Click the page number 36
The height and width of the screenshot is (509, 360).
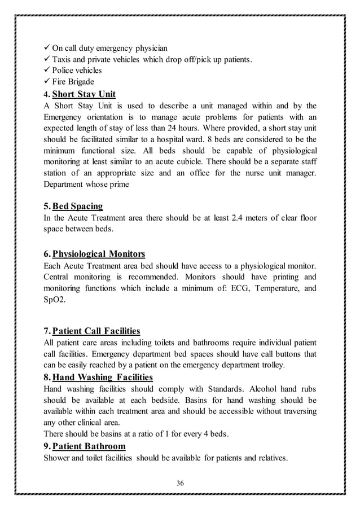(181, 482)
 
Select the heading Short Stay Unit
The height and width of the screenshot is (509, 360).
(87, 94)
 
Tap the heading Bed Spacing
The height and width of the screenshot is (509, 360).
(78, 206)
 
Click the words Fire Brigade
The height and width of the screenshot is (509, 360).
(73, 82)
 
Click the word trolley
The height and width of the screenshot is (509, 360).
(272, 365)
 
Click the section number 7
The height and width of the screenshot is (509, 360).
(46, 331)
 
